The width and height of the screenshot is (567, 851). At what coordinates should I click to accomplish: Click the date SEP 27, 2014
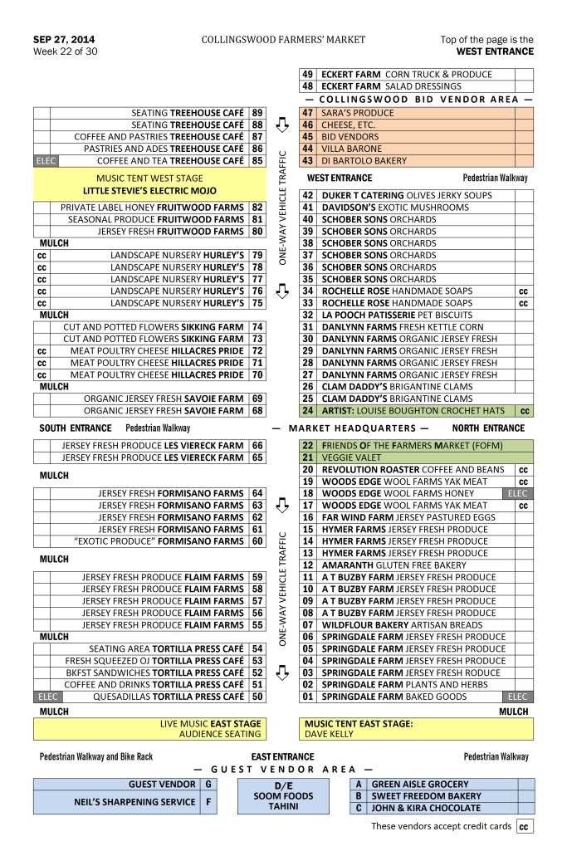63,39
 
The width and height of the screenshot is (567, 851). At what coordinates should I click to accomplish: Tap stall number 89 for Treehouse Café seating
257,112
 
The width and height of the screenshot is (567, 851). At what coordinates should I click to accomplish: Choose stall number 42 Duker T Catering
307,195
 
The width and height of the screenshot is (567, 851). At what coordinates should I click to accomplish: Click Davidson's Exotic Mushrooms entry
389,208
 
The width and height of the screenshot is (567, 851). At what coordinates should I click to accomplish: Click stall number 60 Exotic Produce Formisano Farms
257,541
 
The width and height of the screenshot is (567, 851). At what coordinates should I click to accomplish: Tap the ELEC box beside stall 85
42,160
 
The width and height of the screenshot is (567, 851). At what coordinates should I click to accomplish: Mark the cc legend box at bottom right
525,827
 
